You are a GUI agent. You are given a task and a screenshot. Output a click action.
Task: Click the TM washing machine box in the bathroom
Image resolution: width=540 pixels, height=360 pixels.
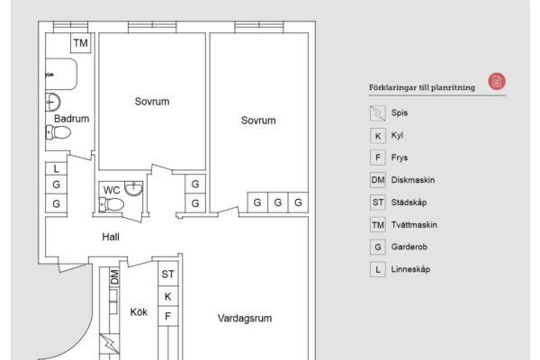click(x=81, y=43)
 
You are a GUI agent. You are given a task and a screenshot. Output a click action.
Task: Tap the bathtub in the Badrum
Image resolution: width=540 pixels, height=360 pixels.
click(x=61, y=74)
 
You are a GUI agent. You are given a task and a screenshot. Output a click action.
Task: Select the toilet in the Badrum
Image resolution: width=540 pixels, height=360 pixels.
click(x=58, y=132)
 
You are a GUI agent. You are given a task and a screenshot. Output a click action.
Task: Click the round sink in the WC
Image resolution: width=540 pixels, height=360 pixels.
click(x=133, y=188)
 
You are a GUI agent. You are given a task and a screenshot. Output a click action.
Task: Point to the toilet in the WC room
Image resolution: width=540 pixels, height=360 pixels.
click(x=112, y=204)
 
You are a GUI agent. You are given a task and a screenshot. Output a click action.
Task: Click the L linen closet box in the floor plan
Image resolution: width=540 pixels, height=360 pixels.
click(x=56, y=169)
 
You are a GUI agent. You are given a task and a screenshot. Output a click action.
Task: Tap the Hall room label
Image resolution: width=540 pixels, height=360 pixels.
click(x=111, y=237)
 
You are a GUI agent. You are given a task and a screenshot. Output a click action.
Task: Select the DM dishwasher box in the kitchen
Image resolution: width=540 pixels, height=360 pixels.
click(x=114, y=277)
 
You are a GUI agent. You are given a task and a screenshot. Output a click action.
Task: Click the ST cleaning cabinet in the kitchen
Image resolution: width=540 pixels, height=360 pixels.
click(x=168, y=274)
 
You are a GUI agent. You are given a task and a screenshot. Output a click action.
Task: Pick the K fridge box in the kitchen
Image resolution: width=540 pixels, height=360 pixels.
click(x=168, y=296)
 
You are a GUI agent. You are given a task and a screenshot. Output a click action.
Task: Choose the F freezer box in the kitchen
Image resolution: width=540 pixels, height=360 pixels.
click(x=168, y=316)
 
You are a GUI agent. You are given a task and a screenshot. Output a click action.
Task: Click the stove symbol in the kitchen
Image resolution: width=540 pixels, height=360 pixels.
click(x=110, y=344)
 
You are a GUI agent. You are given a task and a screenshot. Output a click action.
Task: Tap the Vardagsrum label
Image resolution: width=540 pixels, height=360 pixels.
click(x=245, y=318)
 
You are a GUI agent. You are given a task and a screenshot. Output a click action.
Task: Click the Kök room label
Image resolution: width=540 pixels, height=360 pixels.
click(x=139, y=312)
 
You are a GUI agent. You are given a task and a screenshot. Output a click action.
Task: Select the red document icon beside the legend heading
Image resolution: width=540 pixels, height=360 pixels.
click(x=497, y=82)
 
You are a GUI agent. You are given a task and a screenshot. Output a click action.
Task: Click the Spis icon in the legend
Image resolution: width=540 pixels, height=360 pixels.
click(x=378, y=113)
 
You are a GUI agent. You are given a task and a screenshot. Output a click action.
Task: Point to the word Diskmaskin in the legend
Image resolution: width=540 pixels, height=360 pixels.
click(x=413, y=180)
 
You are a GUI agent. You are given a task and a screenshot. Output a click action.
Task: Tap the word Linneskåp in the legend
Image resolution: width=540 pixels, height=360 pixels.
click(x=410, y=269)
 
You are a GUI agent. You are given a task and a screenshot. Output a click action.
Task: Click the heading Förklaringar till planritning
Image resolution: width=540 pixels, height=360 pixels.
click(x=422, y=87)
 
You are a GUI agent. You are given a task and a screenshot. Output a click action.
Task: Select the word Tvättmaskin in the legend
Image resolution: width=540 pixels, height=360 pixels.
click(x=414, y=225)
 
